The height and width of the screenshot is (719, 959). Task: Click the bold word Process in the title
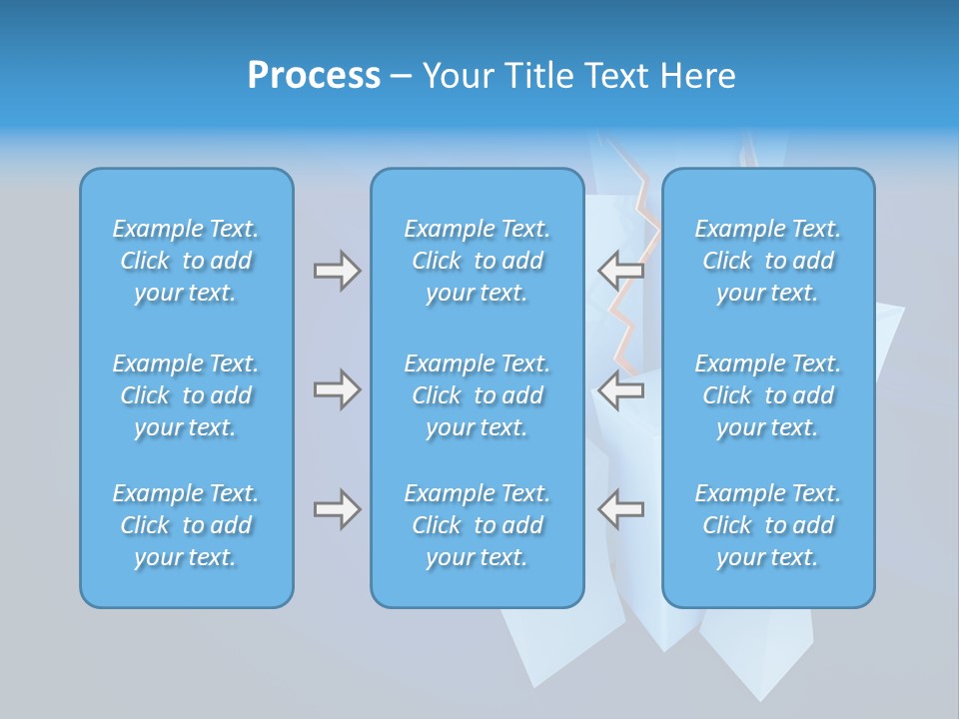(x=314, y=76)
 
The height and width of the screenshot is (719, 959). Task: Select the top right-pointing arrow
(x=337, y=270)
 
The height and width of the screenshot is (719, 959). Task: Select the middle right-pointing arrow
(x=337, y=389)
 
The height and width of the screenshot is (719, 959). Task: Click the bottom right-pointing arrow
(x=337, y=509)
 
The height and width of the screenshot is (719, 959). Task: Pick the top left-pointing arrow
(x=621, y=270)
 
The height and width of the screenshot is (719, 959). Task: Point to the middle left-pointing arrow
(x=621, y=389)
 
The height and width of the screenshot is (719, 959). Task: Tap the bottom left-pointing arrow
(x=621, y=509)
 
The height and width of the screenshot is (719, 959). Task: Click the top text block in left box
(x=186, y=261)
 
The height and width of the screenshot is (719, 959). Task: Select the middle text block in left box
(x=186, y=395)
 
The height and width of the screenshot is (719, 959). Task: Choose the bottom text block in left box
(x=186, y=525)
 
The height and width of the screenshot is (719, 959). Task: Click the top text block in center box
(x=478, y=261)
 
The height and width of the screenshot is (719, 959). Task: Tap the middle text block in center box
(x=478, y=395)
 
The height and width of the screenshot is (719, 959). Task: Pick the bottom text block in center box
(x=478, y=525)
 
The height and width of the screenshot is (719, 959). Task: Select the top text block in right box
(x=768, y=261)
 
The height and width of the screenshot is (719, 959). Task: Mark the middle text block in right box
(x=768, y=395)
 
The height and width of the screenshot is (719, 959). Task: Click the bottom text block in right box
(x=768, y=525)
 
